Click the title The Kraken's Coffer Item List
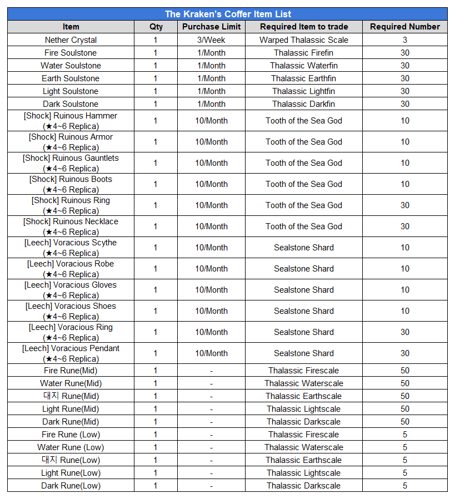click(x=228, y=14)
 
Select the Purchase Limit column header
click(x=212, y=27)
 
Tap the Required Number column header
click(x=405, y=27)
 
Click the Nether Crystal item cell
click(x=71, y=40)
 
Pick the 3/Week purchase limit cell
click(x=212, y=40)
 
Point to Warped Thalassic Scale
click(x=304, y=40)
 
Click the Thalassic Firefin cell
click(x=304, y=53)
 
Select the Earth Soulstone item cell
click(x=71, y=78)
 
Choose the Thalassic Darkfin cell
click(x=304, y=104)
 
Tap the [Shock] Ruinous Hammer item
click(x=71, y=121)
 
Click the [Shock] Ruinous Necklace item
click(x=71, y=226)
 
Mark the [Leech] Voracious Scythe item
click(x=71, y=248)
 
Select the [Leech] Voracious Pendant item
click(x=71, y=353)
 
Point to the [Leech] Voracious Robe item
click(x=71, y=269)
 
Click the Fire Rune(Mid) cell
click(x=71, y=371)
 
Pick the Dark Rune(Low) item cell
click(x=71, y=486)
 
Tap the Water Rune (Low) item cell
click(x=71, y=447)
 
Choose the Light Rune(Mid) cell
click(x=71, y=409)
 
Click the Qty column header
click(x=156, y=27)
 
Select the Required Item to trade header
click(x=304, y=27)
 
